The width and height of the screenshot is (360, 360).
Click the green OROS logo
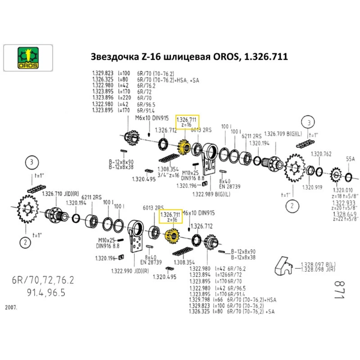[28, 58]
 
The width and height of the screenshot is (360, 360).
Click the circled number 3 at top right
[309, 122]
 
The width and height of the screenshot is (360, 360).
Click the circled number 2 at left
[25, 242]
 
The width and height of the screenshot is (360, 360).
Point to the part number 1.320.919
[312, 187]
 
